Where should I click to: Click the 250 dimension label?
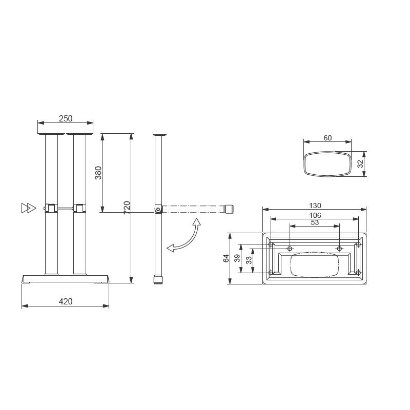pyautogui.click(x=66, y=118)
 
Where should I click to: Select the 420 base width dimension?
pyautogui.click(x=66, y=301)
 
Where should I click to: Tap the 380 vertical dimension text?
pyautogui.click(x=98, y=173)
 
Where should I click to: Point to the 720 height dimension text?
pyautogui.click(x=127, y=208)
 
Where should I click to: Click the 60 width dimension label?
pyautogui.click(x=327, y=137)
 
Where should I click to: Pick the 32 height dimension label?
pyautogui.click(x=360, y=164)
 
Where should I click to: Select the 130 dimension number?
pyautogui.click(x=315, y=206)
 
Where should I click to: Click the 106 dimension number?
pyautogui.click(x=315, y=215)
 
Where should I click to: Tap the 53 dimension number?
pyautogui.click(x=315, y=222)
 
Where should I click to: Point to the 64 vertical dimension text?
pyautogui.click(x=226, y=258)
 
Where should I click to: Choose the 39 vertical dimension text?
pyautogui.click(x=237, y=258)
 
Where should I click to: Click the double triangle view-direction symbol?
pyautogui.click(x=29, y=208)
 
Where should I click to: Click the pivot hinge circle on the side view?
pyautogui.click(x=158, y=209)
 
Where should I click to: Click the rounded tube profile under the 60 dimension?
pyautogui.click(x=327, y=164)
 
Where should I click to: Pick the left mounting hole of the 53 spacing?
pyautogui.click(x=290, y=249)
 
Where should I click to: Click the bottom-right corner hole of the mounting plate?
pyautogui.click(x=358, y=272)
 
